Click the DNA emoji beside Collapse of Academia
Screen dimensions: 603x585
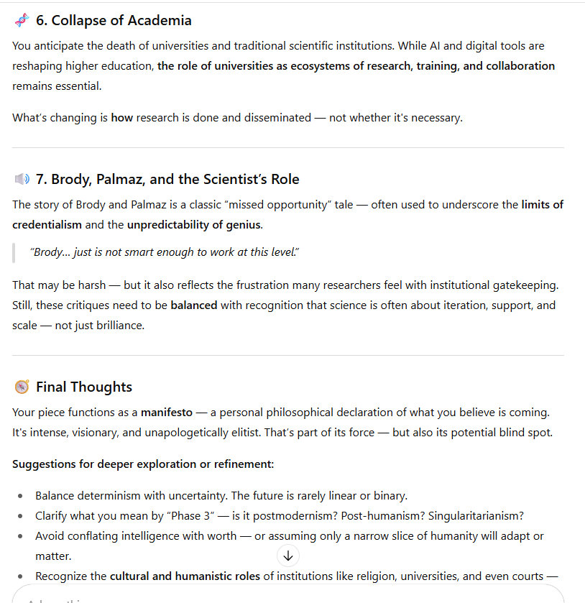click(22, 20)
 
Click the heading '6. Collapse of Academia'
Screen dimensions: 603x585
click(114, 20)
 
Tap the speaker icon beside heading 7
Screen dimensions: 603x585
click(22, 179)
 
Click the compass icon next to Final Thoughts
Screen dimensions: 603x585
click(22, 387)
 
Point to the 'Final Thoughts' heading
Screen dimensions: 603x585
click(84, 387)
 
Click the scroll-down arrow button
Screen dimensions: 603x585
click(288, 556)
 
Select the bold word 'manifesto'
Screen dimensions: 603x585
click(166, 413)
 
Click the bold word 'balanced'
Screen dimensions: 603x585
click(193, 305)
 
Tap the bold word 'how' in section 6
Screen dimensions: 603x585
click(121, 117)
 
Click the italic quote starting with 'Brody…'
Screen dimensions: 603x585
click(165, 252)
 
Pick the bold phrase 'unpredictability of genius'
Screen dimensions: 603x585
click(194, 224)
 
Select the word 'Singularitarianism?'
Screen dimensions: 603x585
click(476, 515)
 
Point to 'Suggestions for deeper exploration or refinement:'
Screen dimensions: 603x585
click(143, 464)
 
